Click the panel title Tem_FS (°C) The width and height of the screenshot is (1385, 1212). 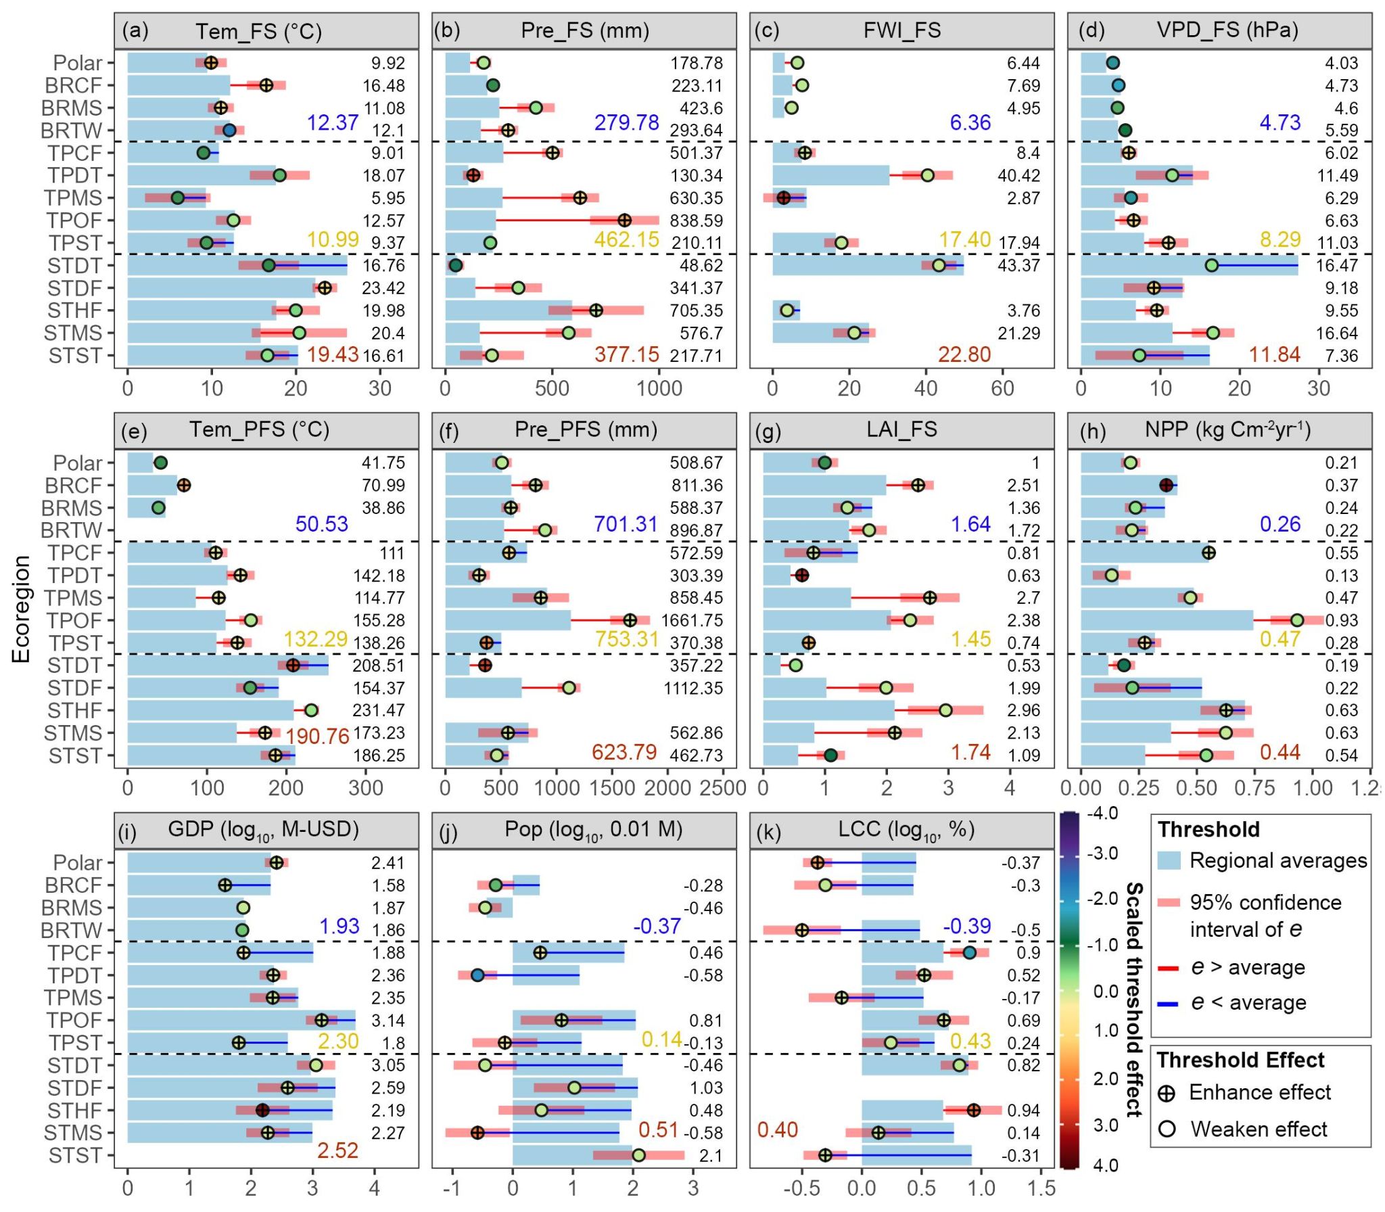pos(258,31)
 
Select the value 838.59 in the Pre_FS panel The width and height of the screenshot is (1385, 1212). pos(696,220)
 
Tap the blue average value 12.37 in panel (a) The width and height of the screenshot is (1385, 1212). pos(332,122)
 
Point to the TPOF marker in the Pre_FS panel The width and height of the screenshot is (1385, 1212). pos(624,220)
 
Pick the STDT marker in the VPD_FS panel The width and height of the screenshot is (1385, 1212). pos(1211,265)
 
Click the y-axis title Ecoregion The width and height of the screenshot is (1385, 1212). pos(22,609)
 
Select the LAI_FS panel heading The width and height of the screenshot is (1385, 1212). pos(902,429)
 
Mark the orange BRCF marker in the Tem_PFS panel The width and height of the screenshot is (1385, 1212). pos(183,485)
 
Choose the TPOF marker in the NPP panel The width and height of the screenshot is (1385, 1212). pos(1296,620)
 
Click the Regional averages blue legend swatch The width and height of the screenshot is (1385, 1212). pos(1169,860)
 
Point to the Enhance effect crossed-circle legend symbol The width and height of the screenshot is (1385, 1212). pos(1167,1094)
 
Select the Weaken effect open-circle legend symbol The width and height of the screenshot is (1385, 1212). pos(1167,1129)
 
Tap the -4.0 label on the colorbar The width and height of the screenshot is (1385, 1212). pos(1102,812)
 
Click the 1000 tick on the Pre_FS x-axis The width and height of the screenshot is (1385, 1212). pos(659,388)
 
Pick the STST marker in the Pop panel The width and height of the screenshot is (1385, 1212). pos(638,1155)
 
